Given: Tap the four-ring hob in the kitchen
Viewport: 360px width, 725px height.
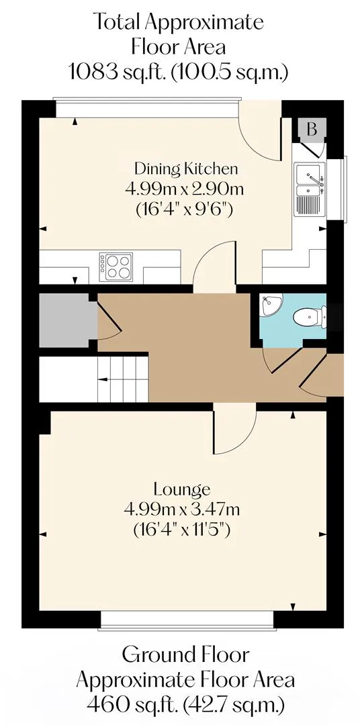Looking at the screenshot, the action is point(116,267).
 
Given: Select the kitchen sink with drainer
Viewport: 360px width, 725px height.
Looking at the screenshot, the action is point(309,189).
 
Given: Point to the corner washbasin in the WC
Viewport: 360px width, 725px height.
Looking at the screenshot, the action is point(269,305).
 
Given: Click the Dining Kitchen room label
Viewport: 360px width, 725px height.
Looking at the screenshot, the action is point(185,168).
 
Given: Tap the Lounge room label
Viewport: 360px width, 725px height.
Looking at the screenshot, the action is point(182,489).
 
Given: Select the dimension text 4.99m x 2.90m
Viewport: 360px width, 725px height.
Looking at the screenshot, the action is point(184,189).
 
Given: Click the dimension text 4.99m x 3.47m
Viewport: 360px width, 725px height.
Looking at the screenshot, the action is point(182,510).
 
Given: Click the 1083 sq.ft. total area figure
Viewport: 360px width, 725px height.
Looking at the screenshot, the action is point(117,72).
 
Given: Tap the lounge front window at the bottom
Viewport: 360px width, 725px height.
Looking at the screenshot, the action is point(187,620).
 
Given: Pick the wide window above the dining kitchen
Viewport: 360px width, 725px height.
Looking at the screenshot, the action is point(147,107).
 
